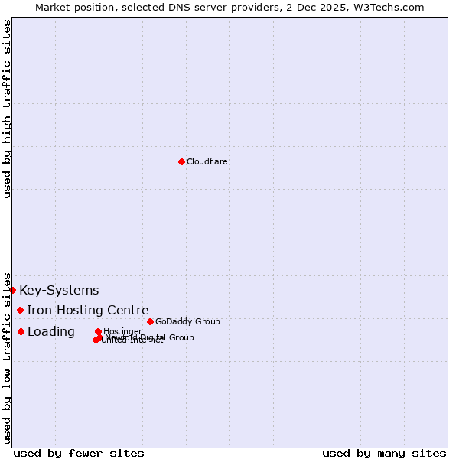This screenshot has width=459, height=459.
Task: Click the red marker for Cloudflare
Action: tap(181, 161)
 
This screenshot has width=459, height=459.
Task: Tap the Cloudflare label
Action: tap(207, 161)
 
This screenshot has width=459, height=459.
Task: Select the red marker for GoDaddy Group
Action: tap(150, 321)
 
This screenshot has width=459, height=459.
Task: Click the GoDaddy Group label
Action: tap(187, 321)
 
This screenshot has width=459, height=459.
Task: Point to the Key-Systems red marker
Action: tap(13, 290)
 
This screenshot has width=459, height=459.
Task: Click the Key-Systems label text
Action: tap(59, 290)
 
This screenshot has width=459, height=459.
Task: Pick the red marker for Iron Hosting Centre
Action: tap(21, 310)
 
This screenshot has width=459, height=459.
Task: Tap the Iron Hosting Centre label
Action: tap(88, 310)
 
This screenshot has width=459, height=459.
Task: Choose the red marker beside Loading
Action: tap(21, 331)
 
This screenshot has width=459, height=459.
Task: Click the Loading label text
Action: tap(51, 331)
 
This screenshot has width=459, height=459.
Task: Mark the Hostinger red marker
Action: tap(98, 331)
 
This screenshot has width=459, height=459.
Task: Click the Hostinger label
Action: tap(122, 331)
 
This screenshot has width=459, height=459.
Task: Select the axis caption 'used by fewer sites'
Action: tap(79, 453)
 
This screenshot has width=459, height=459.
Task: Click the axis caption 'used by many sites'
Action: tap(384, 453)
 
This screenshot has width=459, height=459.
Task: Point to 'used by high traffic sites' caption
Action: tap(7, 109)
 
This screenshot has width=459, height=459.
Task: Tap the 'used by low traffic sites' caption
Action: tap(7, 357)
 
